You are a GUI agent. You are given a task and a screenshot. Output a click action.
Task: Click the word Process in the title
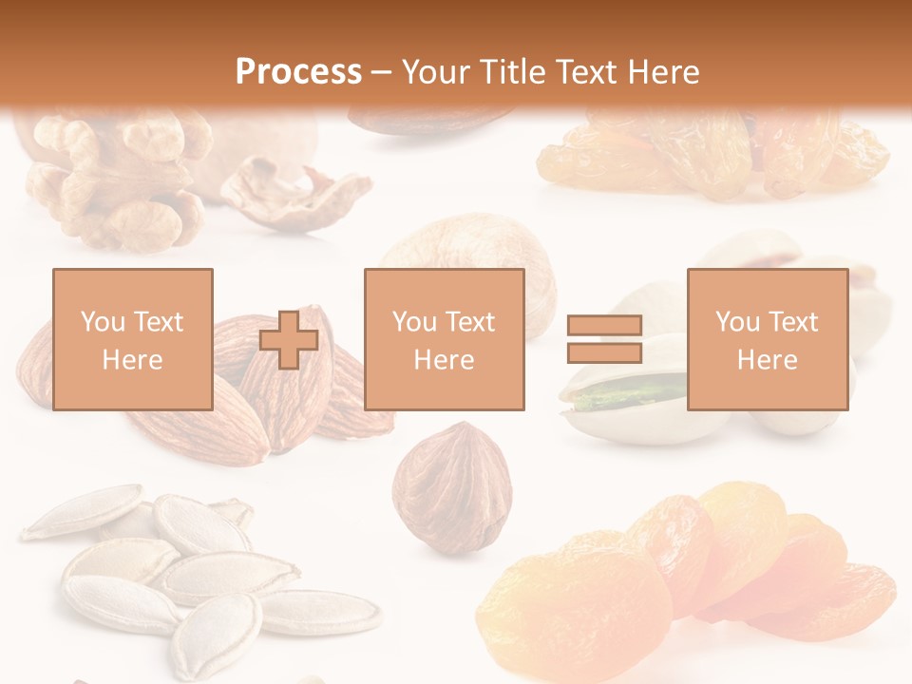click(298, 72)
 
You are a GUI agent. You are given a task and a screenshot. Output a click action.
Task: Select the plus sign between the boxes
click(289, 339)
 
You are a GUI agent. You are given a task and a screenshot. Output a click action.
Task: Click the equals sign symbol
click(604, 339)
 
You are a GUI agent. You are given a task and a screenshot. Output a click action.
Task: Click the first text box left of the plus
click(132, 339)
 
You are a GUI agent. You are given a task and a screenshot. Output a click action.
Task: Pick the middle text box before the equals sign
click(444, 339)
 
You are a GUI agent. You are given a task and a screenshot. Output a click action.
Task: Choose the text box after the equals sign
click(767, 339)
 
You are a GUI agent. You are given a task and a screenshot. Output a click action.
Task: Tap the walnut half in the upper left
click(114, 176)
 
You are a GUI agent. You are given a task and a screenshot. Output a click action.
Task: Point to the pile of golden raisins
click(712, 152)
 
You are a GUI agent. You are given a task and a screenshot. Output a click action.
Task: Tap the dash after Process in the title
click(381, 72)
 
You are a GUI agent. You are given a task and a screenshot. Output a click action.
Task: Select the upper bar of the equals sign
click(604, 326)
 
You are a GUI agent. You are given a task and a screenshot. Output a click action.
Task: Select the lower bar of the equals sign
click(604, 352)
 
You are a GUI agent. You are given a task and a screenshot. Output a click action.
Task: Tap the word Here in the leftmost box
click(132, 360)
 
